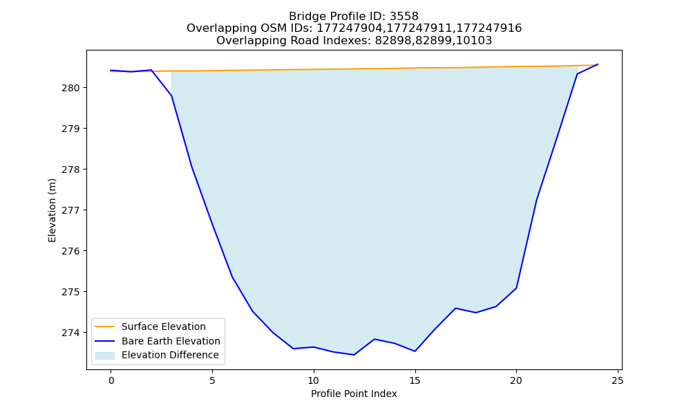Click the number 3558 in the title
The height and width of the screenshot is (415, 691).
coord(404,17)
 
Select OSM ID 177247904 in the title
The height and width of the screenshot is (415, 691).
coord(349,28)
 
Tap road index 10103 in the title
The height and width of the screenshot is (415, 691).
coord(474,41)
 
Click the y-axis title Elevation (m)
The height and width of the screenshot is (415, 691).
coord(52,210)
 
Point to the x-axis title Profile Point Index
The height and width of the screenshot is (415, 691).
coord(354,394)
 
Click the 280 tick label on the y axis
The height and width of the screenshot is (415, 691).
coord(70,89)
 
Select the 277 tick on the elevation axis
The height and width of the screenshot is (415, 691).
coord(70,210)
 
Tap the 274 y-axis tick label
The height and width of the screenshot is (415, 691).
coord(70,333)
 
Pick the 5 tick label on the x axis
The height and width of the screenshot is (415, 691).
coord(212,380)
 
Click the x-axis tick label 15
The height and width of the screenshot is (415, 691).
coord(415,380)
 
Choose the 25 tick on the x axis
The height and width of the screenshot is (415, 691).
coord(617,380)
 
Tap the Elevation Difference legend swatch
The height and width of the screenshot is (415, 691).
coord(105,356)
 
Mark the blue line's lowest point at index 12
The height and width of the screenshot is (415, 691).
coord(354,355)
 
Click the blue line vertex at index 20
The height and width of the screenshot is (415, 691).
coord(516,288)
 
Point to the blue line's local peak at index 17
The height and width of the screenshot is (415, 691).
coord(455,308)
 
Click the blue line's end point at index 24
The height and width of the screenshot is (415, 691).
coord(597,64)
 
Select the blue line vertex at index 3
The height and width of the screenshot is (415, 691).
coord(171,95)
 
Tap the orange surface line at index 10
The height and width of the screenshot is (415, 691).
coord(313,69)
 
